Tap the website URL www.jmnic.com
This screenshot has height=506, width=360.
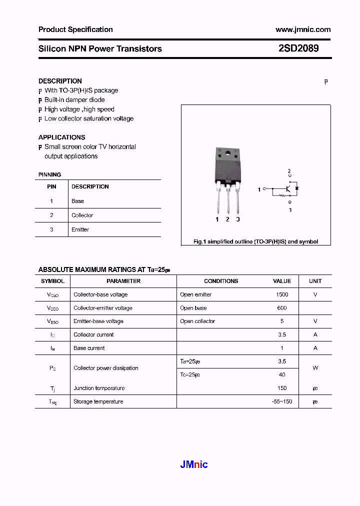(302, 29)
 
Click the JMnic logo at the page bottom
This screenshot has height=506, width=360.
(193, 464)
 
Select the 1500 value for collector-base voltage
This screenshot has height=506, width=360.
(282, 294)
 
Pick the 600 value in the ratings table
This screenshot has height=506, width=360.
(282, 308)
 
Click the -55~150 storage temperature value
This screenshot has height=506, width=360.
(282, 401)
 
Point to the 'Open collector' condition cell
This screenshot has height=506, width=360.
(197, 321)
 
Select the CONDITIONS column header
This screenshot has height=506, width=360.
(221, 281)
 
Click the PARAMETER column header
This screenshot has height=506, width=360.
(123, 281)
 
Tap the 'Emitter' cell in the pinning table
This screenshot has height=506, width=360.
(80, 229)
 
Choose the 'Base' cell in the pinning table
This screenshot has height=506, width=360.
(77, 201)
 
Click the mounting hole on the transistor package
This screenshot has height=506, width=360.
(227, 153)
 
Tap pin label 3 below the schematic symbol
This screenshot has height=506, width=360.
(290, 210)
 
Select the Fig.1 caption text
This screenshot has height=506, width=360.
(255, 241)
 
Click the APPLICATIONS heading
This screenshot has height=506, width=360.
(61, 137)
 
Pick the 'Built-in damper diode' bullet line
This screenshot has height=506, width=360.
(74, 100)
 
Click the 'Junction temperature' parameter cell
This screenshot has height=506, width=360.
(99, 388)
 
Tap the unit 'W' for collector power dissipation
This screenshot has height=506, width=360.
(315, 368)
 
